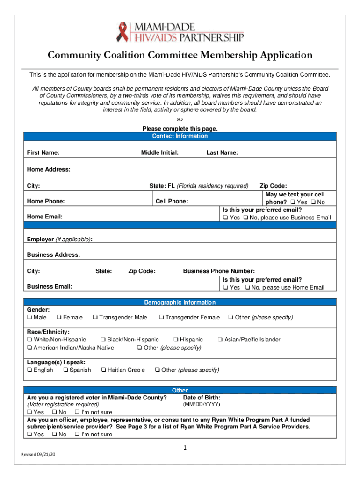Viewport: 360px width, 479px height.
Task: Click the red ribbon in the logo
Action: coord(122,32)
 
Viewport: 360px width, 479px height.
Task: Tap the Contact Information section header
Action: coord(180,136)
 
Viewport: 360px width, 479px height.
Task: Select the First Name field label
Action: coord(43,153)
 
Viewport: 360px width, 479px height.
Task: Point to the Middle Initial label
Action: coord(159,153)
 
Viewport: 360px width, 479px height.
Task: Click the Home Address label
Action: coord(49,169)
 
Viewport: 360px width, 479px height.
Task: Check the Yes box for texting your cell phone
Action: coord(293,202)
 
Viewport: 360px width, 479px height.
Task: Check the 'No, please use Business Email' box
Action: coord(245,218)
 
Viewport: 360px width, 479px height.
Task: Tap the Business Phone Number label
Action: coord(219,271)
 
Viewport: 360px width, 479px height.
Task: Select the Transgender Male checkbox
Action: coord(95,318)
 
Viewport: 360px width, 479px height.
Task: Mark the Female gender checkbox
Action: coord(59,318)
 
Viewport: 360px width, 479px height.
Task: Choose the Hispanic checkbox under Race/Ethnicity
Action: coord(176,340)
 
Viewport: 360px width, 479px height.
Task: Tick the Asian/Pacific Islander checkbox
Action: coord(220,340)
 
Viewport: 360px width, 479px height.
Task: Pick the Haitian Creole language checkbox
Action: coord(103,370)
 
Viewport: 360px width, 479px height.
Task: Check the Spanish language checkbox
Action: coord(65,370)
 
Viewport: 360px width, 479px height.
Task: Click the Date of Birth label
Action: coord(202,398)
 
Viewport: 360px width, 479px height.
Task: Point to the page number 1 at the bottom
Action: coord(185,448)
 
